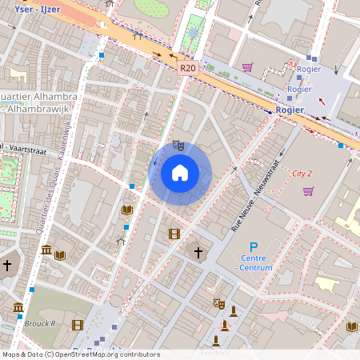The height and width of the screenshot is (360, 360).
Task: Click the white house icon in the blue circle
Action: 180,172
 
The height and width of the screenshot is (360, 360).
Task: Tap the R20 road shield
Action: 187,69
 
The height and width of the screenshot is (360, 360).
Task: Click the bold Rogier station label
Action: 289,110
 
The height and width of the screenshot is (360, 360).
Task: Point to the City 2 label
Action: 302,173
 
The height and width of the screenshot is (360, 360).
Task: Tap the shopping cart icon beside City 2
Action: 308,190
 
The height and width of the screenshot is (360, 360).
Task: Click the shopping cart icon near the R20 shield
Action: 247,67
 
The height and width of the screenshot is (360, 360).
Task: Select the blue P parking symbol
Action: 254,249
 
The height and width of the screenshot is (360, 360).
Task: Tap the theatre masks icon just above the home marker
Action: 178,145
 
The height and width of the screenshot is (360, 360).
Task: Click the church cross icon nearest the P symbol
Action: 198,253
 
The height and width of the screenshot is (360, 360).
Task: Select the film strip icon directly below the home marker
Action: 174,234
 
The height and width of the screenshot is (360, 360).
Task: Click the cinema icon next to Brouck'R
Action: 78,325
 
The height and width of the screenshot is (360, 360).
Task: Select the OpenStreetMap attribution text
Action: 80,354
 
